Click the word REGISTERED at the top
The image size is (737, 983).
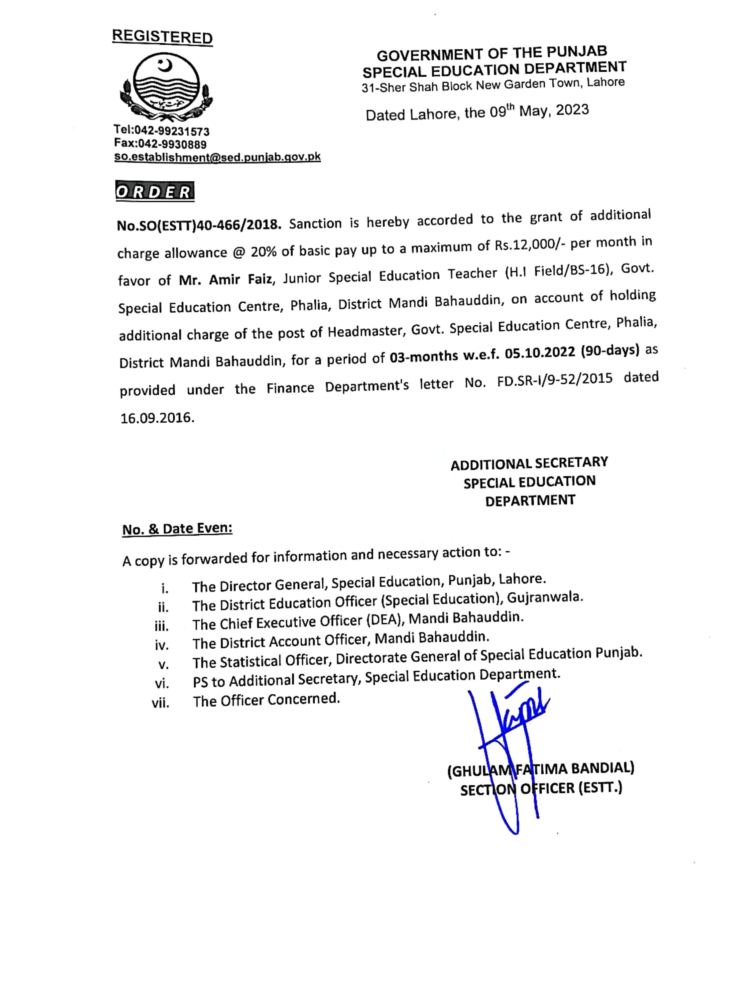point(162,36)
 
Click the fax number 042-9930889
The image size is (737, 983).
point(172,144)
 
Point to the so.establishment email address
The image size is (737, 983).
point(217,157)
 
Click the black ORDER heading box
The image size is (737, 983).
point(155,192)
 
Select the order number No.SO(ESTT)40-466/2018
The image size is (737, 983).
point(199,225)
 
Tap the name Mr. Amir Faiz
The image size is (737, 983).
point(226,279)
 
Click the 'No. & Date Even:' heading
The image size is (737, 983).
point(177,529)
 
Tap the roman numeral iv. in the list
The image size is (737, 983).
point(162,645)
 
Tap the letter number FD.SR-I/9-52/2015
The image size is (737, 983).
point(555,380)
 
